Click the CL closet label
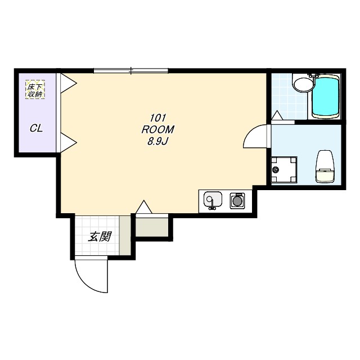[36, 128]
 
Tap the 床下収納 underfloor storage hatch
[35, 89]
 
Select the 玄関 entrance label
[100, 236]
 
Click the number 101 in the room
[157, 118]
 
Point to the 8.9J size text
[157, 142]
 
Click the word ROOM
[157, 130]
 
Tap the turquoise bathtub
[326, 97]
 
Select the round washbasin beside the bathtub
[303, 85]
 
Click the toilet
[325, 166]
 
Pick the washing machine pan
[284, 170]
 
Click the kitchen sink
[213, 200]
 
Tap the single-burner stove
[237, 201]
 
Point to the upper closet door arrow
[69, 83]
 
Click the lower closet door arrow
[69, 142]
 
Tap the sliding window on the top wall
[131, 70]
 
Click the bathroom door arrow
[277, 115]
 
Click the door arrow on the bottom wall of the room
[144, 207]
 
